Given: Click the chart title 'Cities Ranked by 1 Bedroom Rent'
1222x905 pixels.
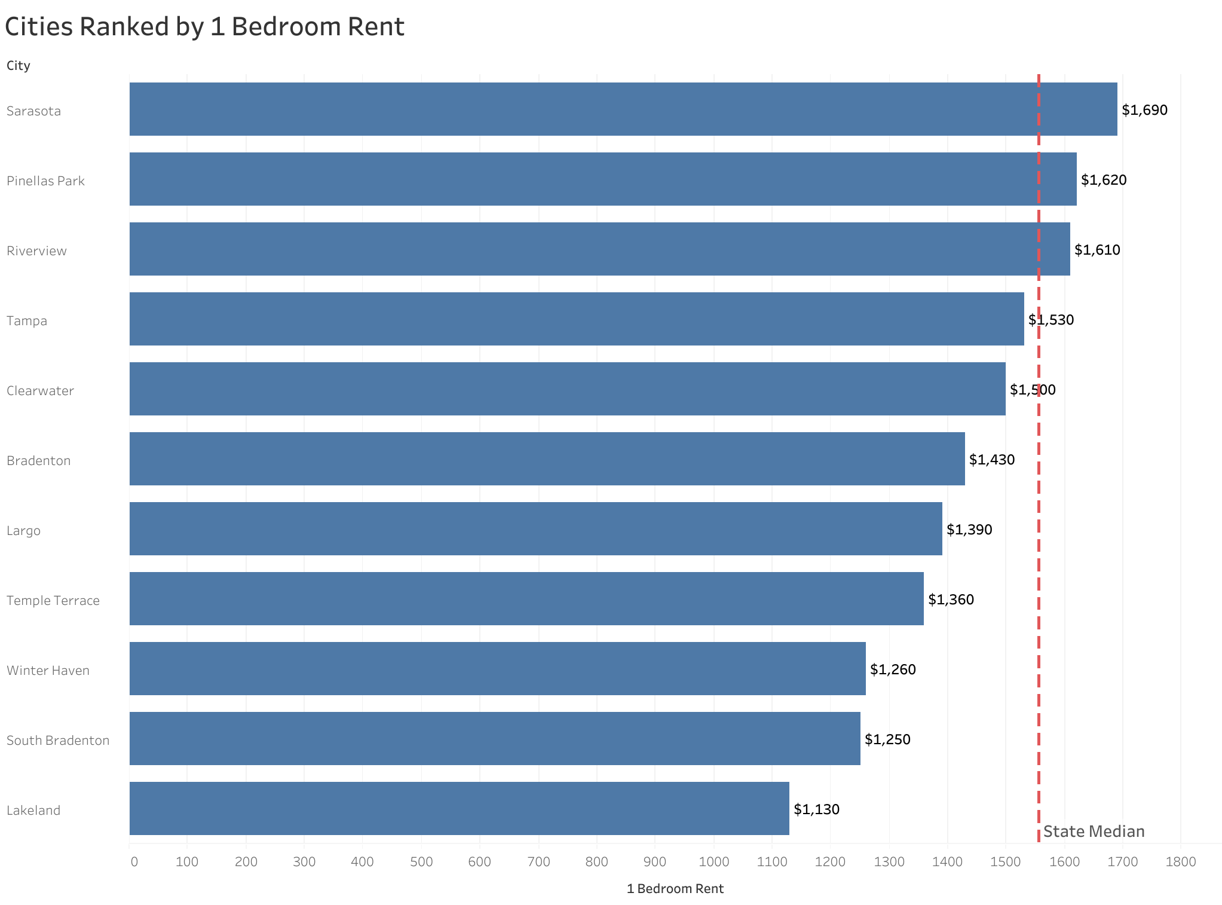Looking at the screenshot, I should (204, 27).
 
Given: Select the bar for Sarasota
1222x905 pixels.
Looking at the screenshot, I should (623, 109).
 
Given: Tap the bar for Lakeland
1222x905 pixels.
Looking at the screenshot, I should (459, 808).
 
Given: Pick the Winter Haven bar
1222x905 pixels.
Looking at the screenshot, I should (497, 668).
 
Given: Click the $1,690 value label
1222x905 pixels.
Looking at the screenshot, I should (1144, 110).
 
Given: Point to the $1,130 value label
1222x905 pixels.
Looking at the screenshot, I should (816, 809).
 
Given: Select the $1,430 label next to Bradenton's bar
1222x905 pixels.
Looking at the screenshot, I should (991, 460).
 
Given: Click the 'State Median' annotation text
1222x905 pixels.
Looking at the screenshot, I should (1094, 831).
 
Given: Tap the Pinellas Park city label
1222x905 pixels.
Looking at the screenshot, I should (46, 181).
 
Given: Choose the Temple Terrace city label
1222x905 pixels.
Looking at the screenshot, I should (53, 601).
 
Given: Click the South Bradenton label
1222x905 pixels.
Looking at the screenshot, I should (58, 741).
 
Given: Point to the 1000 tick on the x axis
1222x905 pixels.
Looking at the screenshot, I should (713, 862).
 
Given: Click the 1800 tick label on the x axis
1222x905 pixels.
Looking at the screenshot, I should (1181, 862).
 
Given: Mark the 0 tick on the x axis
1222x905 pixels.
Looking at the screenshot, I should (134, 862).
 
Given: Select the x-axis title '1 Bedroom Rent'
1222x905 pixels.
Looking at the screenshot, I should (675, 889).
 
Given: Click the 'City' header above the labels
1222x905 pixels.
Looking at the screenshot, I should (19, 66).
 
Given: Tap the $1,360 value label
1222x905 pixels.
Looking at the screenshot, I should (951, 600).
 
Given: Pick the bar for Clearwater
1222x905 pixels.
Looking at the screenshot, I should (567, 389).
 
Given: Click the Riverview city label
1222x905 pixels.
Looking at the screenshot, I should (36, 251).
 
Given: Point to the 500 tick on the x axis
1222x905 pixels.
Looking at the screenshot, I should (421, 862).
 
